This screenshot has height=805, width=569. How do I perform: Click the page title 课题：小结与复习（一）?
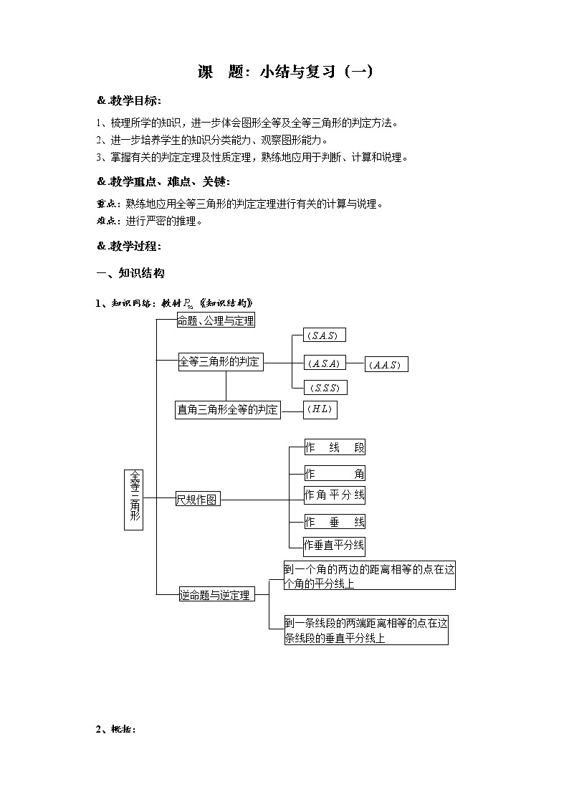pos(284,72)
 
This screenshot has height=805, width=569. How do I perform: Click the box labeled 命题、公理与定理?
pos(216,321)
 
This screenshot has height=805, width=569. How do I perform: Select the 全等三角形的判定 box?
pos(220,363)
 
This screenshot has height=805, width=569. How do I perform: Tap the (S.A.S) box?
pos(321,336)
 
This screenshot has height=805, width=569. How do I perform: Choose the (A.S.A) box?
pos(325,363)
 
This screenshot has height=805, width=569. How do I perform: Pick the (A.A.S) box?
pos(386,365)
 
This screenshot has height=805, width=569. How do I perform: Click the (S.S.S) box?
pos(325,388)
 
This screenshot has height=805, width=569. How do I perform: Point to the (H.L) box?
pos(320,410)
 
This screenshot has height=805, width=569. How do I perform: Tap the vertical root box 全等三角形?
pos(134,499)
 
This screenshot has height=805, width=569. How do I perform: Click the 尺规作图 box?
pos(197,500)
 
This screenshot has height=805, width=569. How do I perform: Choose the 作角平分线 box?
pos(335,495)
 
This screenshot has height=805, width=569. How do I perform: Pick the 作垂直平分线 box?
pos(335,545)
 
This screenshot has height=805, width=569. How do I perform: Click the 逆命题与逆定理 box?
pos(216,594)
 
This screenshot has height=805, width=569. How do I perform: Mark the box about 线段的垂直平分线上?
pos(365,631)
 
